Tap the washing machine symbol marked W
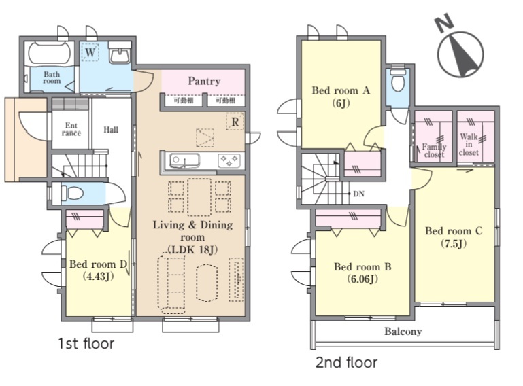[x=90, y=52]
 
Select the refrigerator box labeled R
[x=235, y=122]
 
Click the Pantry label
[x=204, y=81]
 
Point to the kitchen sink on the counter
[x=185, y=160]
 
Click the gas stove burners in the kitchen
[x=229, y=160]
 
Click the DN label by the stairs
[x=358, y=194]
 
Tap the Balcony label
[x=403, y=332]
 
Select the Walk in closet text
[x=469, y=144]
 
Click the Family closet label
[x=434, y=150]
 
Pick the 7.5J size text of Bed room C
[x=454, y=244]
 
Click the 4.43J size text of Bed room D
[x=98, y=277]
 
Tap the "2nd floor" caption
[x=346, y=362]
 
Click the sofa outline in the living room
[x=171, y=283]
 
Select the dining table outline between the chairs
[x=199, y=197]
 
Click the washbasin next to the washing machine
[x=120, y=53]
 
